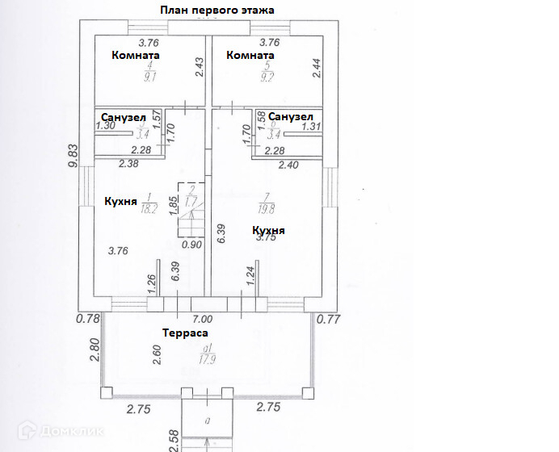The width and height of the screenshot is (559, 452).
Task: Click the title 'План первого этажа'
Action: pos(217,10)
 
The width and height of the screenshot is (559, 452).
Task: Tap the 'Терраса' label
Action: pos(185,333)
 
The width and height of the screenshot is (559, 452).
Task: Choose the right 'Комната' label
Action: pos(250,56)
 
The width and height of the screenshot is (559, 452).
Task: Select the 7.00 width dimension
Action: pos(202,319)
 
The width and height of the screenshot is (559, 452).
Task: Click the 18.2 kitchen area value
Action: pos(149,207)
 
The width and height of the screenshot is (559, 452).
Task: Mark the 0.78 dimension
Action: pos(87,319)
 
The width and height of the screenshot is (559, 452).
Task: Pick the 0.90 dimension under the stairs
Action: pos(191,245)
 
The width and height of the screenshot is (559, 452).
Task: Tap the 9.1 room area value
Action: pos(149,78)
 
